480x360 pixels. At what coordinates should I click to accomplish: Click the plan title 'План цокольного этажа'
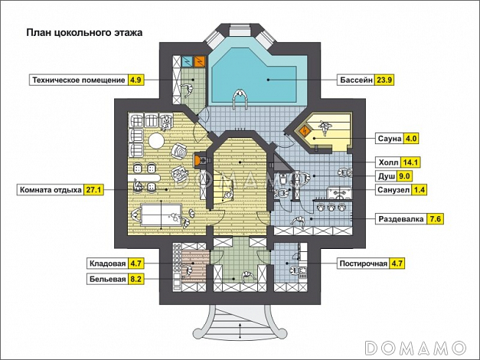point(84,32)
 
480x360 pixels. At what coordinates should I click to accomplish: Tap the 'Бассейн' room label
point(357,80)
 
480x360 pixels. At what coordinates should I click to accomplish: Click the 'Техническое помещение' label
point(79,80)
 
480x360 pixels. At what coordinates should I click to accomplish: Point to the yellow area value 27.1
point(93,190)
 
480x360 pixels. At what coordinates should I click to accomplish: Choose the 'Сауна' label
point(390,139)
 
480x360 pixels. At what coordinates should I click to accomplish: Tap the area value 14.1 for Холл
point(410,162)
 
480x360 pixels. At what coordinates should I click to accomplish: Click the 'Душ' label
point(387,176)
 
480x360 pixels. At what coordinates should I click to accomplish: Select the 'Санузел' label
point(393,190)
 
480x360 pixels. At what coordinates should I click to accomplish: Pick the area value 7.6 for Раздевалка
point(435,219)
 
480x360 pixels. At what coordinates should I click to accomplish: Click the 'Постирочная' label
point(364,263)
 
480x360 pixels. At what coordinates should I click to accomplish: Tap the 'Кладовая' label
point(107,263)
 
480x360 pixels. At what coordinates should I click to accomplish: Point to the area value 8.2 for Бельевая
point(136,279)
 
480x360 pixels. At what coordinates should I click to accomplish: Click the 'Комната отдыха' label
point(51,190)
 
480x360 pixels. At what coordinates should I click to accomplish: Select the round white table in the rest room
point(156,141)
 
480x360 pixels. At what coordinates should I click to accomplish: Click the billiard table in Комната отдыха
point(162,214)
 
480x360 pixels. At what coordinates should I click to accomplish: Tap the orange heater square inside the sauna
point(305,131)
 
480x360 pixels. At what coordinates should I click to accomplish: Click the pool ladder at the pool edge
point(240,100)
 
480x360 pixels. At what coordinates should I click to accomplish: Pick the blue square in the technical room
point(187,61)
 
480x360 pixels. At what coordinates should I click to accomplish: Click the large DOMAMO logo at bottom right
point(416,347)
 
